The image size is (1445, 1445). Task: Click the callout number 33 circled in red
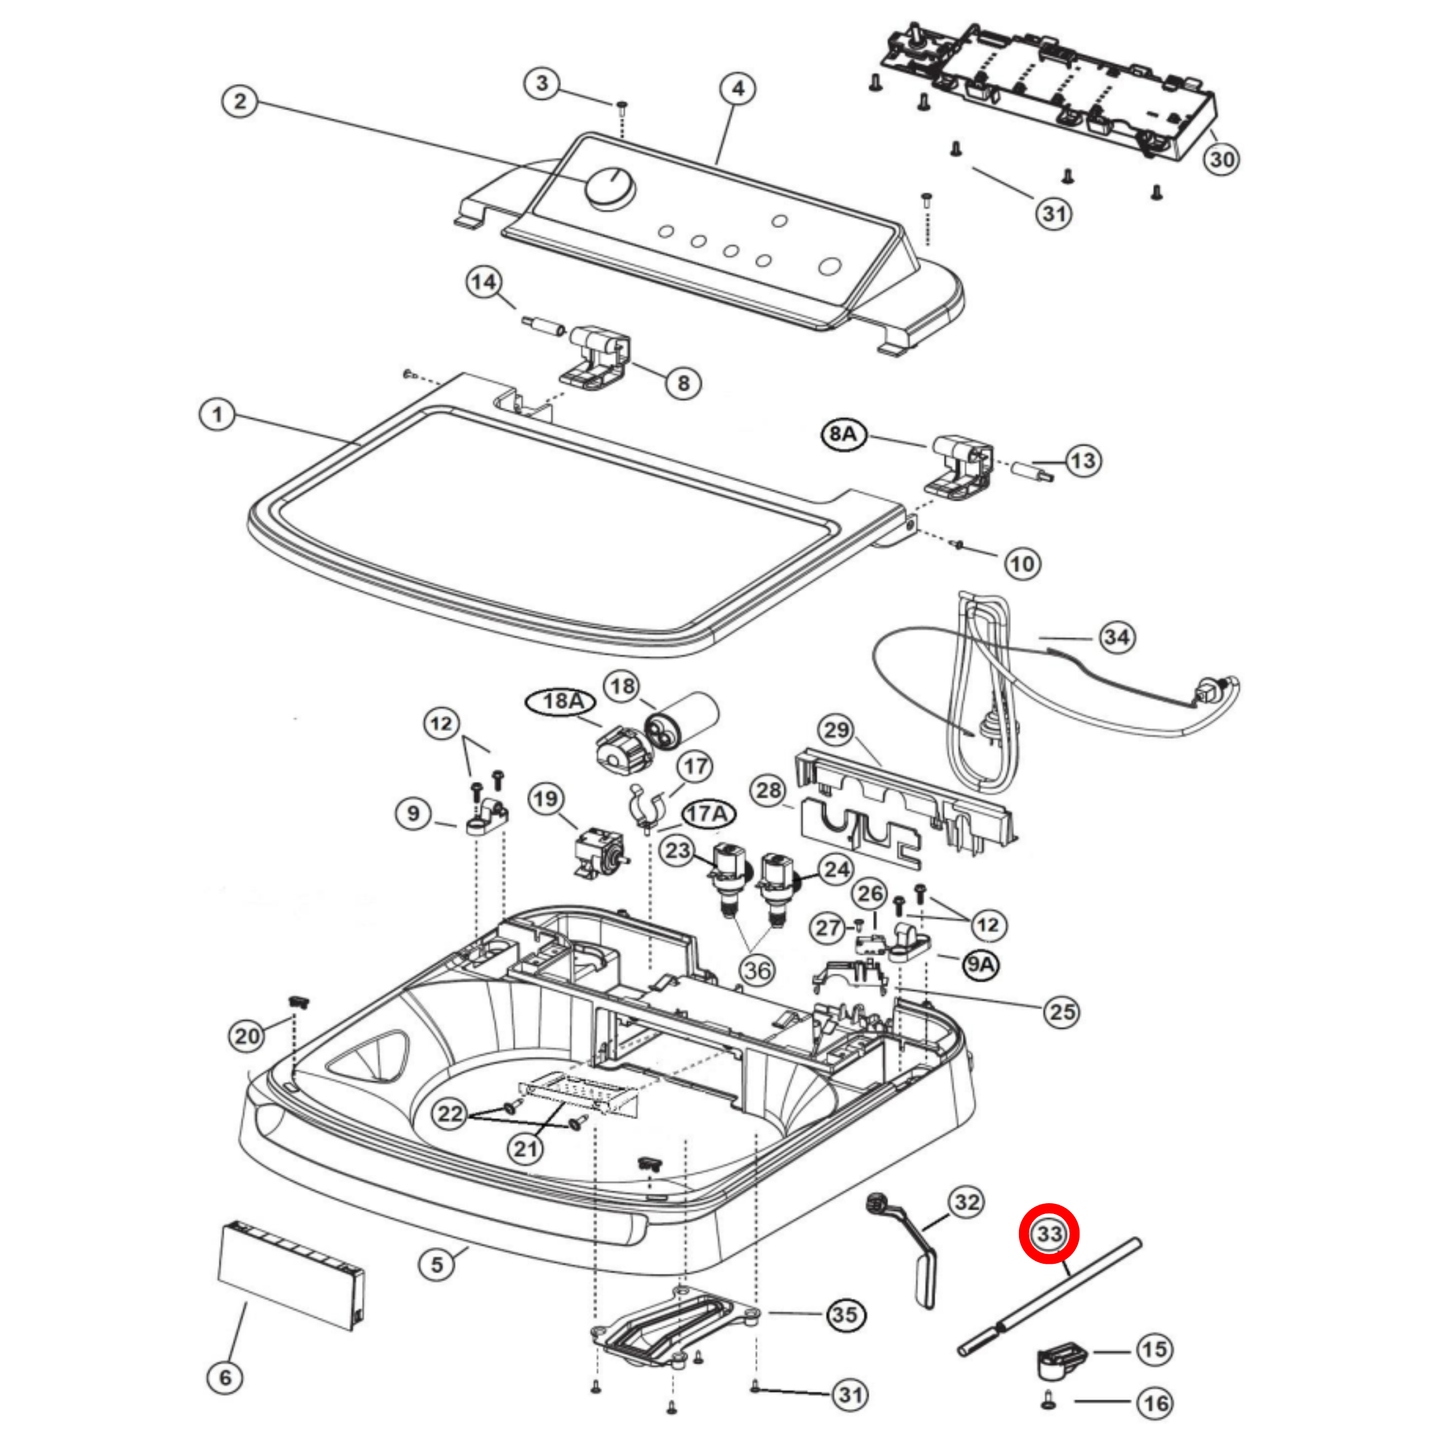[x=1048, y=1234]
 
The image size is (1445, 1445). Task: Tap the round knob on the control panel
[x=608, y=188]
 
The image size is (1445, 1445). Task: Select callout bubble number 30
[x=1221, y=158]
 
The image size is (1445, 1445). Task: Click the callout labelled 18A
[x=562, y=702]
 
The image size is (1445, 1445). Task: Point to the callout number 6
[x=225, y=1377]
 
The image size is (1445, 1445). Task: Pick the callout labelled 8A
[x=843, y=434]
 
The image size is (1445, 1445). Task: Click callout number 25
[x=1062, y=1012]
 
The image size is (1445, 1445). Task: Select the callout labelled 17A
[x=708, y=814]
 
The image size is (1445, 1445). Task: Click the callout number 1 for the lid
[x=217, y=414]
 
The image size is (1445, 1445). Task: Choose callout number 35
[x=845, y=1314]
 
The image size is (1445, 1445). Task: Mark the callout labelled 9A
[x=981, y=964]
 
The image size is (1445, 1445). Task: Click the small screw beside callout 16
[x=1048, y=1402]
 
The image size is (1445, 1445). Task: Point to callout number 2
[x=239, y=101]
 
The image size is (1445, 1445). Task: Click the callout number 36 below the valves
[x=757, y=969]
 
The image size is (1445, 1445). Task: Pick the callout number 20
[x=247, y=1036]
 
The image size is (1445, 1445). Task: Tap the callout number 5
[x=437, y=1264]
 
